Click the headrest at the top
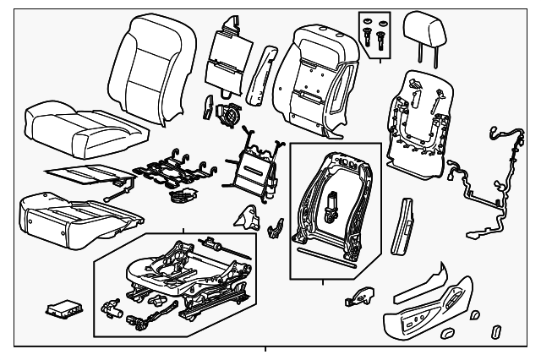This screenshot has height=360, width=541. point(424,33)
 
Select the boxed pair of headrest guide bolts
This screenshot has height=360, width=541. point(377,33)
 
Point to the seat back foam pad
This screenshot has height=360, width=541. point(313,76)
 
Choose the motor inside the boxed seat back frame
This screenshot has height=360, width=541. point(331,208)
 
